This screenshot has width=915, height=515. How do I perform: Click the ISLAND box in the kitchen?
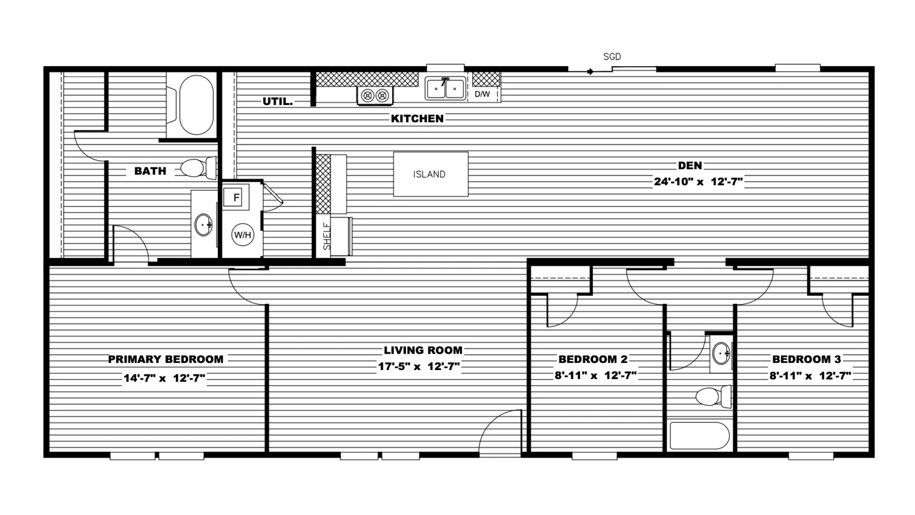tap(430, 174)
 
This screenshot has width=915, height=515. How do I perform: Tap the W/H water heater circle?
tap(243, 235)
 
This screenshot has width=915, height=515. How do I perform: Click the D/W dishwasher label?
tap(482, 95)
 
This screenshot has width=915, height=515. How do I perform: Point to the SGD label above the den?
tap(611, 57)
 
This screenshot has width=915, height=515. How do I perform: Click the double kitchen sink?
tap(445, 88)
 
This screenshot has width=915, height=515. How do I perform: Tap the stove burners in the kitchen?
tap(374, 95)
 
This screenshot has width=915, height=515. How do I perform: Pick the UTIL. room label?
tap(278, 101)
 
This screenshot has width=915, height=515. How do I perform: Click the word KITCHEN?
tap(417, 118)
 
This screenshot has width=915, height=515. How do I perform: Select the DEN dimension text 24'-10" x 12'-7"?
tap(698, 182)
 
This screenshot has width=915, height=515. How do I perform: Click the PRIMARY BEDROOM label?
tap(165, 359)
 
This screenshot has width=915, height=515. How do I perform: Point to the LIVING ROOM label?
tap(423, 350)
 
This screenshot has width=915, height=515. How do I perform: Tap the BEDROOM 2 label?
tap(593, 359)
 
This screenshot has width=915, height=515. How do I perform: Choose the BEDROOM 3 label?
tap(806, 359)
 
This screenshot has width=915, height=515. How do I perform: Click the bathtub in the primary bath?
tap(196, 106)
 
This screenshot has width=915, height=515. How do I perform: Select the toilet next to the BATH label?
tap(194, 168)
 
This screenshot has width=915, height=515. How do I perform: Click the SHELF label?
tap(327, 236)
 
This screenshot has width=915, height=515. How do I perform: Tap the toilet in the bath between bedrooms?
tap(710, 397)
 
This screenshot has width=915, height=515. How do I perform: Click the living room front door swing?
tap(500, 434)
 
